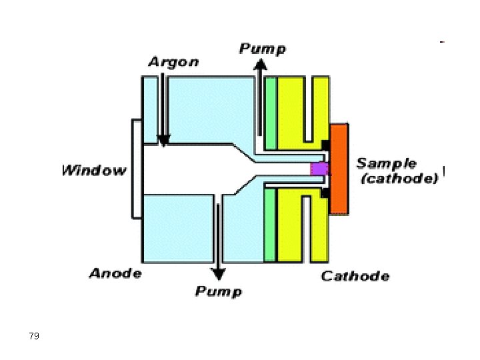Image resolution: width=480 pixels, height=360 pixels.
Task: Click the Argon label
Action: [173, 62]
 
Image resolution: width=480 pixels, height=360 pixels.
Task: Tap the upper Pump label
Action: [263, 49]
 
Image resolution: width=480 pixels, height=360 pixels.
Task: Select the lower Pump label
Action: [219, 291]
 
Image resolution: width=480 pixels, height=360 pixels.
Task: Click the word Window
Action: [94, 170]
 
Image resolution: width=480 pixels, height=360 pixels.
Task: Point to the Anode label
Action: [115, 273]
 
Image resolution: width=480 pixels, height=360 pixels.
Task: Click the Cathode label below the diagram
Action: [355, 276]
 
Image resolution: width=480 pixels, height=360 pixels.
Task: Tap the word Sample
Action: [387, 163]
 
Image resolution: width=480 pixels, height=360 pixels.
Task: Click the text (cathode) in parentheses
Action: [399, 179]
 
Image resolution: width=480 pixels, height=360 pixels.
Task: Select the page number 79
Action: [35, 335]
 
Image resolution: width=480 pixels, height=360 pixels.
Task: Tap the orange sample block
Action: [339, 169]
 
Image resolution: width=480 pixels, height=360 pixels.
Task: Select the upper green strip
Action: [270, 113]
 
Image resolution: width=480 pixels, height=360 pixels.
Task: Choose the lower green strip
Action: [270, 225]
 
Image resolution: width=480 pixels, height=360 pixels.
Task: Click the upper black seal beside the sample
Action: [325, 145]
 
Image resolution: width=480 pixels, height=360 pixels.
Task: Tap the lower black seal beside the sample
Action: [325, 193]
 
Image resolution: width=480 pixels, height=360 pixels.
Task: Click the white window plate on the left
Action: [137, 169]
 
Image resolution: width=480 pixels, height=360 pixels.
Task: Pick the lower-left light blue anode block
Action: [176, 227]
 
